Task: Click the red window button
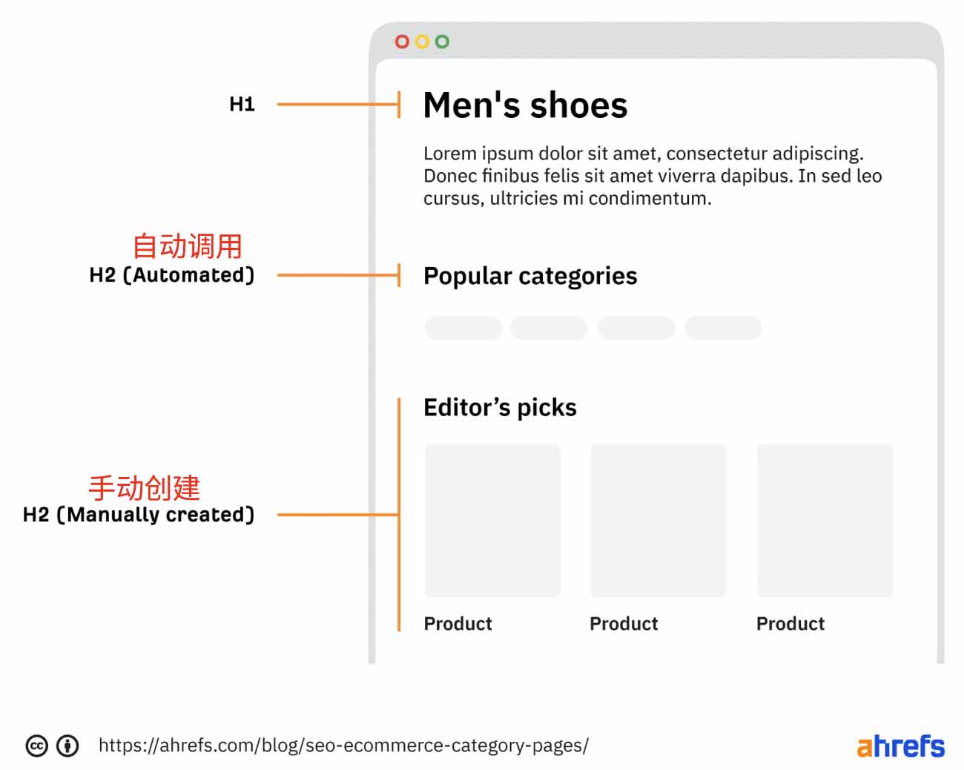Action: [402, 42]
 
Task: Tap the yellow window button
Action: [422, 42]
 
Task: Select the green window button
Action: [442, 42]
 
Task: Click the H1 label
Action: [242, 104]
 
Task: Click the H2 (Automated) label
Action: [172, 274]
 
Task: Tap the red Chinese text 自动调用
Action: [188, 246]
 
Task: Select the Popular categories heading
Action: [530, 276]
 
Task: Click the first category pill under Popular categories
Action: [463, 328]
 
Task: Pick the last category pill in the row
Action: [723, 328]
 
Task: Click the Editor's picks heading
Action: [500, 408]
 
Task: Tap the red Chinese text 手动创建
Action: [145, 487]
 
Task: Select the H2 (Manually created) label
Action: [139, 515]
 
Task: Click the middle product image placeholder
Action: [658, 521]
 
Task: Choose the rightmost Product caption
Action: [790, 624]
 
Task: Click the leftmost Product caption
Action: [458, 624]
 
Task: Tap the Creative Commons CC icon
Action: [37, 746]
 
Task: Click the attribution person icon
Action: [67, 746]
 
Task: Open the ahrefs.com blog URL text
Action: [343, 746]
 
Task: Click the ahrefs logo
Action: [901, 746]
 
